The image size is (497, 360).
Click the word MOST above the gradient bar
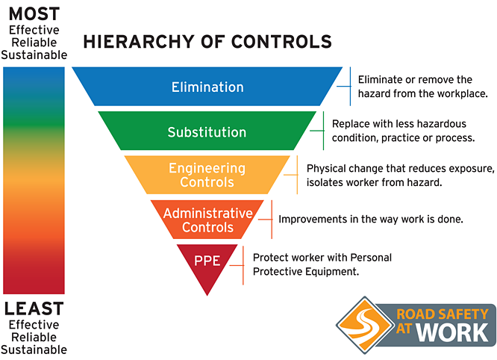(34, 14)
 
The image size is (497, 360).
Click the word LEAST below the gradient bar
(34, 308)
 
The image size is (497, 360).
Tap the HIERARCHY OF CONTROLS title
(207, 42)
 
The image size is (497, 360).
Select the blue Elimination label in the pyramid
(207, 87)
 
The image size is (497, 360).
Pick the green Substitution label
(207, 132)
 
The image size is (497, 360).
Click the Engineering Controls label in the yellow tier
(207, 175)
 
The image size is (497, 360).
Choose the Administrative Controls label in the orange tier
(208, 220)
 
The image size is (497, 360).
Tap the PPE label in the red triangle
(207, 261)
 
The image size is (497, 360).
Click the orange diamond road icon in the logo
(364, 325)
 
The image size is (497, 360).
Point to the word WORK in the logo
(452, 332)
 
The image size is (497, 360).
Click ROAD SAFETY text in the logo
(443, 314)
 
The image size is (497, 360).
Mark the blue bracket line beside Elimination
(350, 87)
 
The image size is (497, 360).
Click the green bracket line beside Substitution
(323, 131)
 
